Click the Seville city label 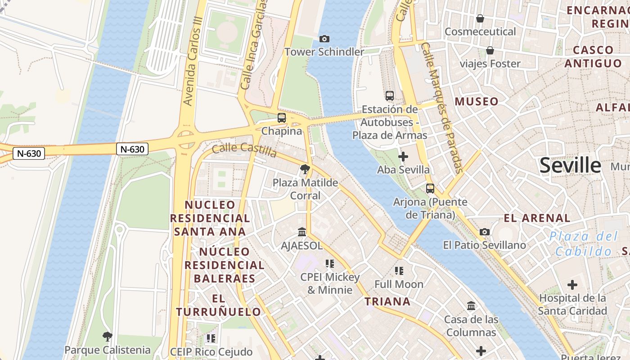570,166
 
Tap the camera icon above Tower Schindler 324,39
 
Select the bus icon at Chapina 282,118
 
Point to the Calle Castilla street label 244,150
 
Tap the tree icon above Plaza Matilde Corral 305,169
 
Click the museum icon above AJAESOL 302,232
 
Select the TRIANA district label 387,301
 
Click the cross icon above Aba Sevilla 403,157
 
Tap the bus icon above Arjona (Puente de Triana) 430,189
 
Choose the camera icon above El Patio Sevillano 485,232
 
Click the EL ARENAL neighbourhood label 537,218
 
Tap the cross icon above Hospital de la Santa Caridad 572,285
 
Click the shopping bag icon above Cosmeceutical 480,18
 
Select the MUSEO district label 477,102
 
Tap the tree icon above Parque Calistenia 107,336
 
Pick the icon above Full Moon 399,271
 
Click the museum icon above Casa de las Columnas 471,306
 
